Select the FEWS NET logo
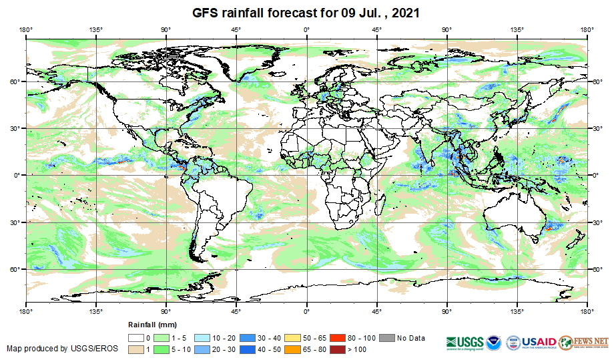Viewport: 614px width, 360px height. pos(584,341)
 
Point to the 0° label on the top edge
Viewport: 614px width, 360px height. pos(306,29)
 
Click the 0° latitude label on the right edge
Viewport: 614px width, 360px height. pos(595,175)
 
